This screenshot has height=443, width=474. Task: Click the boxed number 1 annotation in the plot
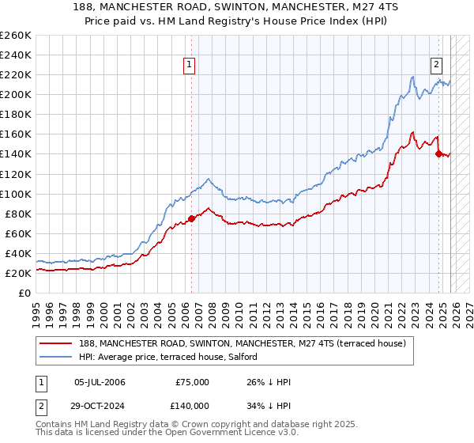tap(190, 66)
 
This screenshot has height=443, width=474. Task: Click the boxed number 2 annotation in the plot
tap(437, 66)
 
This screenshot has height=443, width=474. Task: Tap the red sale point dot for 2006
tap(191, 218)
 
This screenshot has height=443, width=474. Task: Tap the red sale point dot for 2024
tap(438, 153)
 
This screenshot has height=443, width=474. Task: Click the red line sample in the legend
tap(57, 343)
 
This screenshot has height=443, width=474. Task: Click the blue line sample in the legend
tap(57, 357)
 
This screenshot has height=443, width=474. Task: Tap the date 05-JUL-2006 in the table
tap(100, 382)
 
